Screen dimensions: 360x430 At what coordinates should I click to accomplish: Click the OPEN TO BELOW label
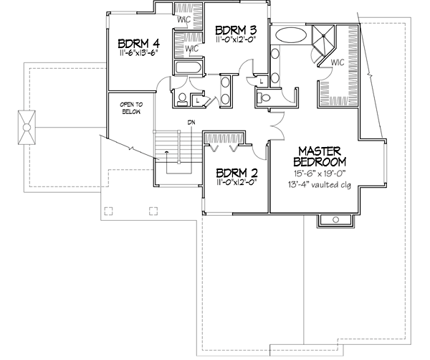coord(130,108)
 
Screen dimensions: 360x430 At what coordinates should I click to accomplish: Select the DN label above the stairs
coord(191,123)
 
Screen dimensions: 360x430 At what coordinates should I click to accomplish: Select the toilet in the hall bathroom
coord(183,98)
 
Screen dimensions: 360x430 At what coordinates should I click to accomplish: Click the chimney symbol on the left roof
coord(27,127)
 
